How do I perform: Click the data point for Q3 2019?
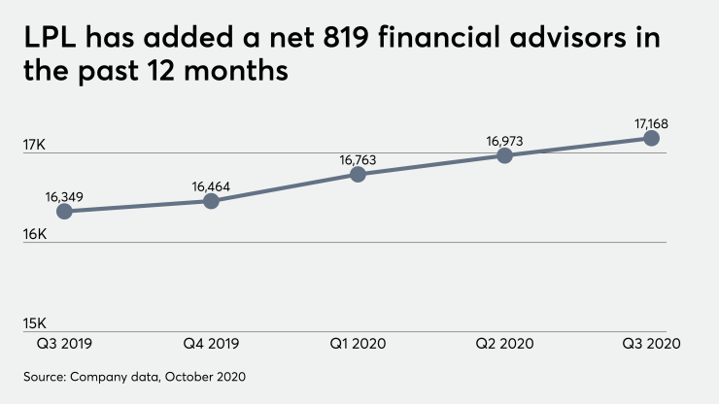point(64,211)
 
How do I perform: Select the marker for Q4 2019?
point(211,201)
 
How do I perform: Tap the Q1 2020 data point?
point(358,174)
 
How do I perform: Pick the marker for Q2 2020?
point(504,155)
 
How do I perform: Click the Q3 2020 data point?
point(651,138)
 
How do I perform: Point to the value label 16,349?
point(64,195)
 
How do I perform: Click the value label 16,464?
point(211,185)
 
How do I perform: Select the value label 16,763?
point(358,159)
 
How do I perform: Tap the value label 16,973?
point(504,141)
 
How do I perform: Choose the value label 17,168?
point(651,123)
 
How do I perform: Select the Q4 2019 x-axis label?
point(211,344)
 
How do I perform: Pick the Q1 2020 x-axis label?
point(358,344)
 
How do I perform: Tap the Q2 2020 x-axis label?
point(504,344)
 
